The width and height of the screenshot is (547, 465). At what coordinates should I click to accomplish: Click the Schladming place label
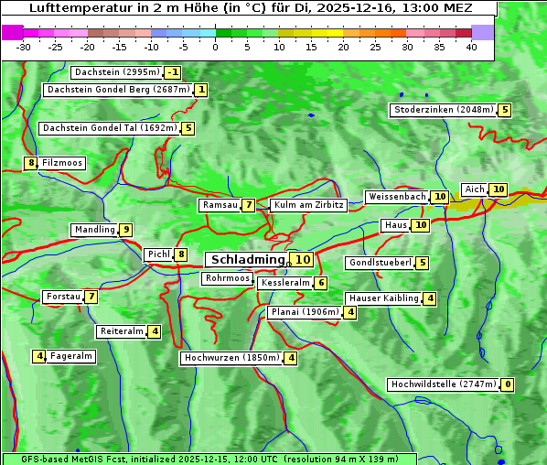[248, 260]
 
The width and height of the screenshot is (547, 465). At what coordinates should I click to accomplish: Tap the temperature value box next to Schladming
[303, 260]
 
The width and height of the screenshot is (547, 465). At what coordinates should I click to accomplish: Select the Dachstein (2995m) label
[116, 72]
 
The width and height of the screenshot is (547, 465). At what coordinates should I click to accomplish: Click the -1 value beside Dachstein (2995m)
[173, 72]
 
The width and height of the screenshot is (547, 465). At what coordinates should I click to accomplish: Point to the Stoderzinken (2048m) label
[443, 110]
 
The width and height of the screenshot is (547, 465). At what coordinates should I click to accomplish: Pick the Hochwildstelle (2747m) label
[444, 384]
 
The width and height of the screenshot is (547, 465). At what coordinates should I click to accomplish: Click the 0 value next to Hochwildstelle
[507, 384]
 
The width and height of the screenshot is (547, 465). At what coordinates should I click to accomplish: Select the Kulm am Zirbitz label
[308, 205]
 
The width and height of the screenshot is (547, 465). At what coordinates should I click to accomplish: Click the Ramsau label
[220, 205]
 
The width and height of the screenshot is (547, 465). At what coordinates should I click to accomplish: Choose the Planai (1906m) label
[305, 312]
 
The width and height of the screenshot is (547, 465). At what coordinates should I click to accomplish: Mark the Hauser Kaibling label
[382, 298]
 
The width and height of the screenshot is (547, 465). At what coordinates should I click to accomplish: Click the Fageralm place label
[71, 356]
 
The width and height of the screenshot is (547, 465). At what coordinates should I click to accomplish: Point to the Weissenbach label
[396, 197]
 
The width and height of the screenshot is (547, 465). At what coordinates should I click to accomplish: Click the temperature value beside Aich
[498, 189]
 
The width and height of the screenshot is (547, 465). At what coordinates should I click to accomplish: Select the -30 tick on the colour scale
[24, 47]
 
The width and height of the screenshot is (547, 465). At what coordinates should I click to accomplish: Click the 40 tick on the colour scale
[471, 47]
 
